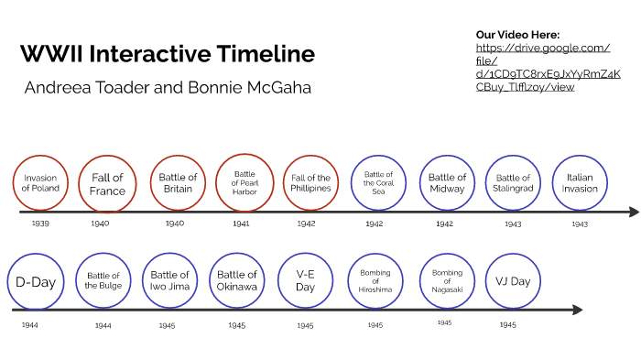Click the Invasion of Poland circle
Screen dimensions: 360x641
click(41, 182)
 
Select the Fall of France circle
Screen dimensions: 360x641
click(107, 183)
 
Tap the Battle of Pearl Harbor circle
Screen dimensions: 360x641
click(244, 181)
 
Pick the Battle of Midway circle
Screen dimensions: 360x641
click(447, 183)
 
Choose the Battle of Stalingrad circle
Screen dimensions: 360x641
click(513, 183)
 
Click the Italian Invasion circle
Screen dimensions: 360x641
click(580, 183)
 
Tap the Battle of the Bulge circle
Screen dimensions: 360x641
click(103, 281)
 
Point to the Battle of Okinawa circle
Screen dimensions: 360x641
click(238, 281)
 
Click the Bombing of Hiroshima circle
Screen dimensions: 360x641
click(375, 281)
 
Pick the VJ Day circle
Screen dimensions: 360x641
click(513, 281)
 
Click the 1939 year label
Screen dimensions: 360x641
click(39, 223)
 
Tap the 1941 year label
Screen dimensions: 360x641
click(241, 223)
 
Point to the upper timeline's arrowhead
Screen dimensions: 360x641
click(634, 213)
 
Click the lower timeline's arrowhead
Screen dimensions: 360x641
click(577, 310)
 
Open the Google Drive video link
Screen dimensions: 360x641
click(548, 68)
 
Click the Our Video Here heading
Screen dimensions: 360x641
click(517, 34)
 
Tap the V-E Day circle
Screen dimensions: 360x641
click(305, 281)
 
